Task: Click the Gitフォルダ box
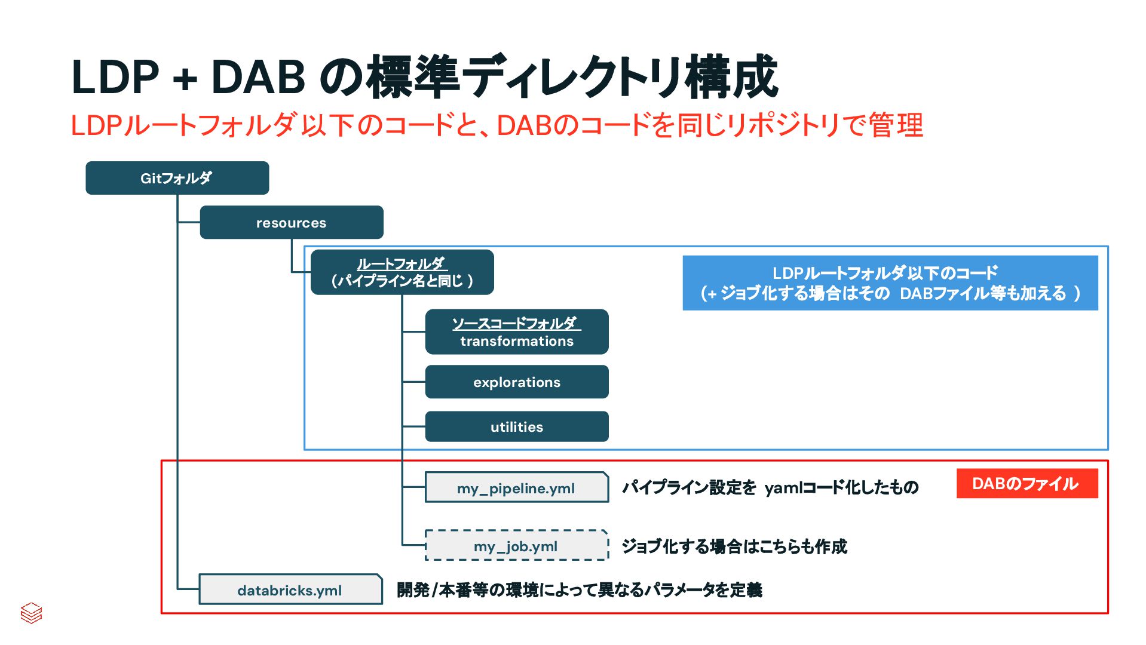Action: [177, 178]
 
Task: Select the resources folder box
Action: [291, 223]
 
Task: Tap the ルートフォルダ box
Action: [402, 272]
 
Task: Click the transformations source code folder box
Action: [517, 332]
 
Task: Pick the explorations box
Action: [517, 382]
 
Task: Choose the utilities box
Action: [517, 427]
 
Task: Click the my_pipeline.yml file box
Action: [516, 488]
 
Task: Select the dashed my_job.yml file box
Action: [516, 546]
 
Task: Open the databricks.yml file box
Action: [290, 590]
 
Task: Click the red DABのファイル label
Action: [1027, 484]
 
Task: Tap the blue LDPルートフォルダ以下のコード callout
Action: [890, 283]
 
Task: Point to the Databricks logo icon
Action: [31, 613]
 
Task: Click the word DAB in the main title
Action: [258, 78]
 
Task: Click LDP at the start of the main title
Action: [115, 78]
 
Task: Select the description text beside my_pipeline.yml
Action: [770, 487]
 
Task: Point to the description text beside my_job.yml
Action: [734, 546]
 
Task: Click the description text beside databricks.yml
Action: [580, 590]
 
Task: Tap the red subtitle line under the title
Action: [497, 126]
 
